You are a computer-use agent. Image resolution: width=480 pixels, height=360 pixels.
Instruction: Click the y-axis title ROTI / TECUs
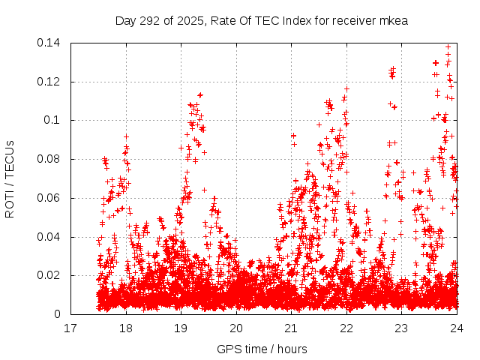(x=10, y=178)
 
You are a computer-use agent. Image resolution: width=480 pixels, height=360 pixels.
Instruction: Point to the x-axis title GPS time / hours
(x=262, y=349)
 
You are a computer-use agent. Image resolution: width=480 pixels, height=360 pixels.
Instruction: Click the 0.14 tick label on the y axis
(x=50, y=43)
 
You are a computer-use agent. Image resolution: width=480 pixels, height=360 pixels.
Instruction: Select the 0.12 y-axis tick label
(x=50, y=82)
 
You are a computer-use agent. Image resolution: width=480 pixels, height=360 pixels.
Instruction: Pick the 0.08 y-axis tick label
(x=50, y=159)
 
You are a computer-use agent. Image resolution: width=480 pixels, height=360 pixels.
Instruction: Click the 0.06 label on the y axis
(x=50, y=198)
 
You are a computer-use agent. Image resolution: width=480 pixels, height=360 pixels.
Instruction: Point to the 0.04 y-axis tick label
(x=50, y=237)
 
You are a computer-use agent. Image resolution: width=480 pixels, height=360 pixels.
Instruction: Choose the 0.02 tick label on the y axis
(x=50, y=275)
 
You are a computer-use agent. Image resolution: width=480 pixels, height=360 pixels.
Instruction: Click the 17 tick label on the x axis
(x=70, y=328)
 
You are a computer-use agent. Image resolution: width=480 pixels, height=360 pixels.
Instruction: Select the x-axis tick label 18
(x=126, y=328)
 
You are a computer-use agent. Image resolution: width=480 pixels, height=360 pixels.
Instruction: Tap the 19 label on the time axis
(x=181, y=328)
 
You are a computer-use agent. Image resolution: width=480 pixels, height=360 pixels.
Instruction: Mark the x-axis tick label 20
(x=236, y=328)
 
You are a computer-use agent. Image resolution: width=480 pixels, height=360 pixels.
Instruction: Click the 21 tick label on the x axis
(x=291, y=328)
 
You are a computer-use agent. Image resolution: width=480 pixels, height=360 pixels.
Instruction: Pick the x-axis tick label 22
(x=346, y=328)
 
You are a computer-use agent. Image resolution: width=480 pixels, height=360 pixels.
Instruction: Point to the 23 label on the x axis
(x=401, y=328)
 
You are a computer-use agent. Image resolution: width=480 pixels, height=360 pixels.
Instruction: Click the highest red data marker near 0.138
(x=448, y=47)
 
